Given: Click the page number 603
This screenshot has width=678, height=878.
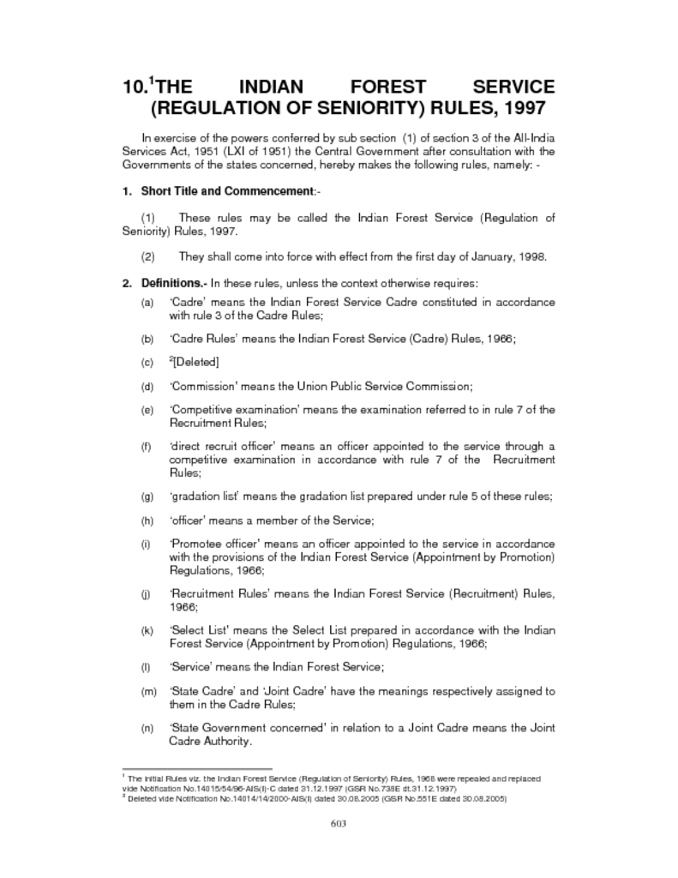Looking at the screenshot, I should (x=338, y=825).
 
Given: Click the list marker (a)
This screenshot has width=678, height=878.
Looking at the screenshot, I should (x=147, y=303).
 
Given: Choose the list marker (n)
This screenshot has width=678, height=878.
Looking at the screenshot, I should (x=147, y=728).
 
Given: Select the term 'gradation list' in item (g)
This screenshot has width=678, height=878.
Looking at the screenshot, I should (x=204, y=496).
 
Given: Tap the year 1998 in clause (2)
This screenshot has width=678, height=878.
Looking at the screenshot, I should (x=531, y=256).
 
